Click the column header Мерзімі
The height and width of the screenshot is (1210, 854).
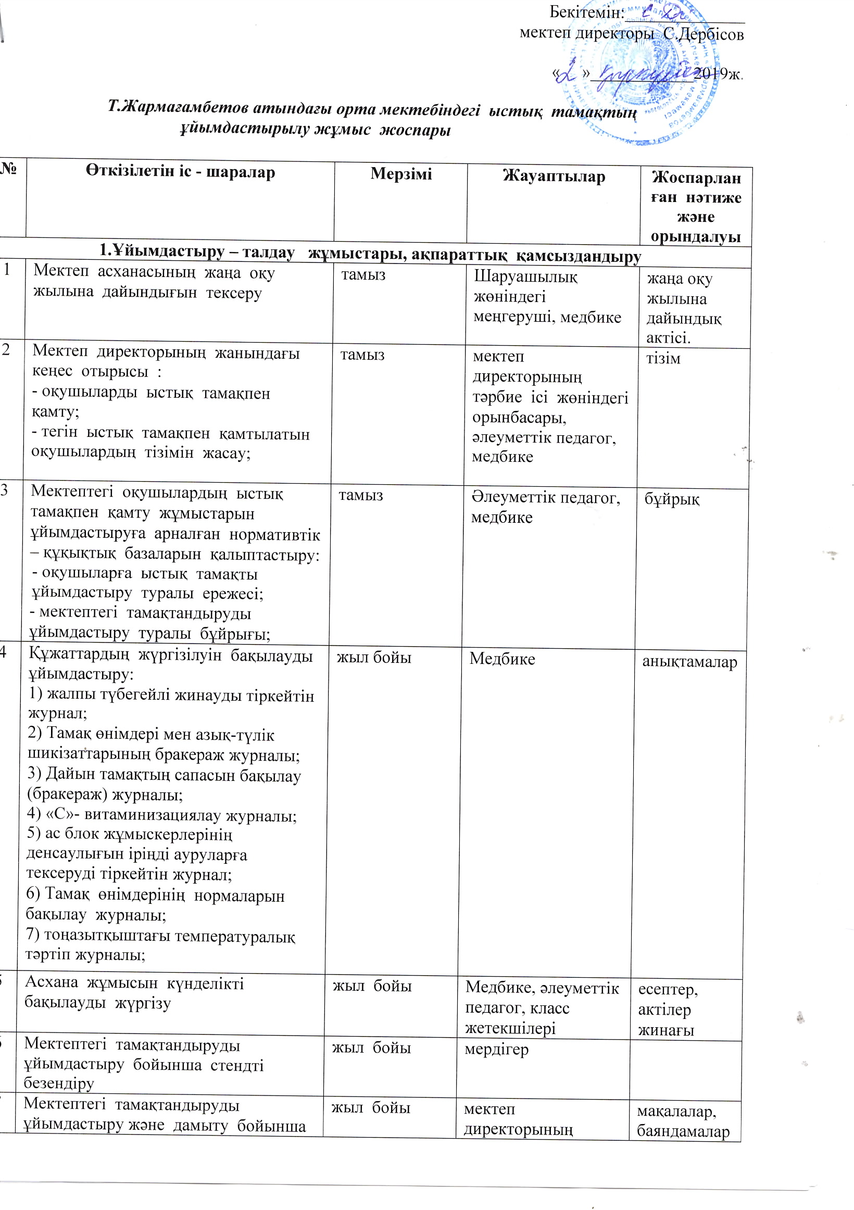400,174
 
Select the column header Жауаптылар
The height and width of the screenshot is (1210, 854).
554,176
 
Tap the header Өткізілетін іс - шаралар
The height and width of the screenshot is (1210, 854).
180,172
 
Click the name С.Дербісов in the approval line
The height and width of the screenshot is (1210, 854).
703,35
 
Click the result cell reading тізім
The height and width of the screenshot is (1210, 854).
663,359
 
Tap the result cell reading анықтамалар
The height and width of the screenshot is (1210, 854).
689,662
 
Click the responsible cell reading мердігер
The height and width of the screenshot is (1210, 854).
496,1049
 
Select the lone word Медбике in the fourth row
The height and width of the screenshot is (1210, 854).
502,659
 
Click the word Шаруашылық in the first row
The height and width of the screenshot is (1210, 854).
525,276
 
